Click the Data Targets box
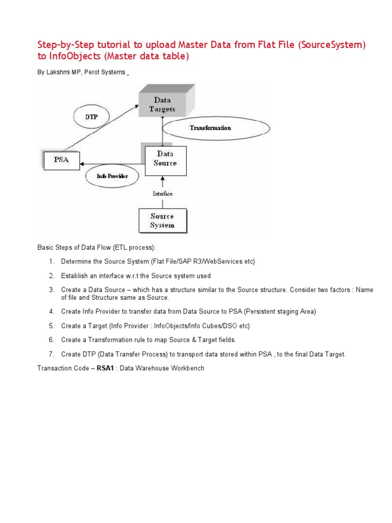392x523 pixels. [162, 104]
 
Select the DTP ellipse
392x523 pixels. [91, 117]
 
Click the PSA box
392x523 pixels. [61, 160]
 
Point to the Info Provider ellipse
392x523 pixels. [112, 176]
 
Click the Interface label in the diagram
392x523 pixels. [163, 194]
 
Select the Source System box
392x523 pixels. [162, 221]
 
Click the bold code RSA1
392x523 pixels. [105, 368]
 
